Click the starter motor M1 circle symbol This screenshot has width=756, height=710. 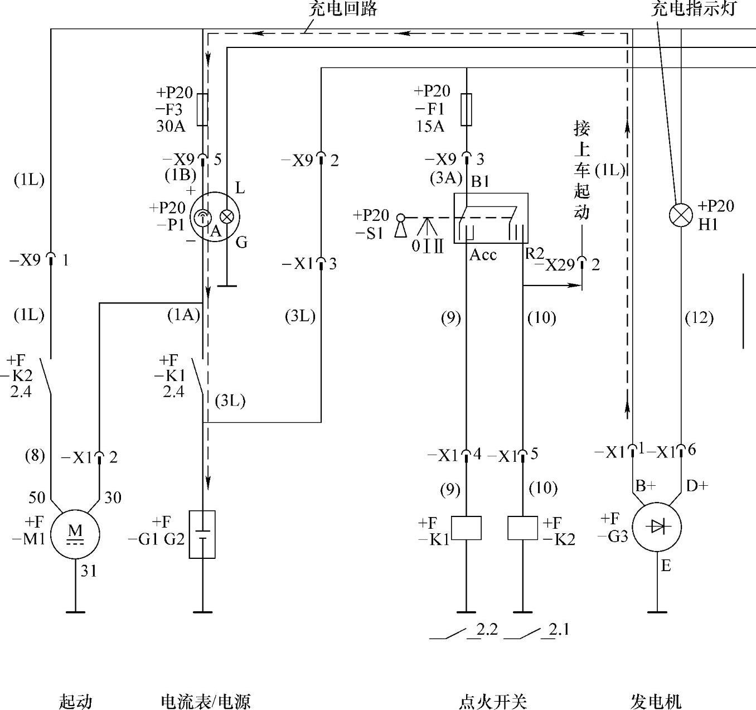coord(75,534)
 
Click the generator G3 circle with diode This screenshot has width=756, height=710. coord(658,527)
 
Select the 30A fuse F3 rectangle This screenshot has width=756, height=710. coord(203,109)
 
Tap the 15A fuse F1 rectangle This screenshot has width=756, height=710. coord(467,109)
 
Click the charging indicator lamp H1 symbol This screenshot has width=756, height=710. coord(681,215)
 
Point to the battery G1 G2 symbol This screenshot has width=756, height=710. coord(202,534)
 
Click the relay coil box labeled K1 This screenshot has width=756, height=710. coord(466,528)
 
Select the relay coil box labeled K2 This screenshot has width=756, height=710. coord(522,528)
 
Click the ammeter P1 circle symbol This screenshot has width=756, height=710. coord(215,216)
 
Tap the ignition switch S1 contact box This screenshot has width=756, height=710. coord(491,218)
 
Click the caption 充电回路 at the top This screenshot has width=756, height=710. coord(343,9)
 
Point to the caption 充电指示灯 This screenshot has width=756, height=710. coord(694,9)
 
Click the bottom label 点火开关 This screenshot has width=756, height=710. coord(493,701)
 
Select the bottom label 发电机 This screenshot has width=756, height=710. coord(656,701)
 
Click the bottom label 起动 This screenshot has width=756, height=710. coord(75,701)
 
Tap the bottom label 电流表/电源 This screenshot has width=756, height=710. coord(206,701)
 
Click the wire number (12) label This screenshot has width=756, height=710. coord(699,318)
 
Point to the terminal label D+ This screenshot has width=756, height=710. coord(697,486)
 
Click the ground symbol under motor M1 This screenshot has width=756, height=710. coord(75,612)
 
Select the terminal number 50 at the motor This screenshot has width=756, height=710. coord(37,497)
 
